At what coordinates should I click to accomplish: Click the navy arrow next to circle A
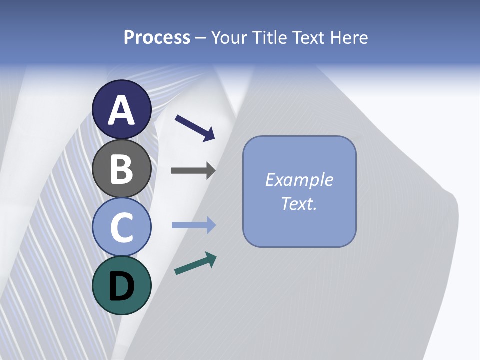[195, 127]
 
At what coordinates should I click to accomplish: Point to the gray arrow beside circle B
[193, 170]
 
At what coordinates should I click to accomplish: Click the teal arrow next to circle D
[195, 263]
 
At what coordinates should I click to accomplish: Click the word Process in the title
[157, 37]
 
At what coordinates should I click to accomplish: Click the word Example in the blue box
[299, 180]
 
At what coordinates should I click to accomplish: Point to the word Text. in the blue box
[299, 204]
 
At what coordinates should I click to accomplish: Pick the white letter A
[122, 110]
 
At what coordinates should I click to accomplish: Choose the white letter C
[122, 227]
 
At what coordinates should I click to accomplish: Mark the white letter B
[122, 169]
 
